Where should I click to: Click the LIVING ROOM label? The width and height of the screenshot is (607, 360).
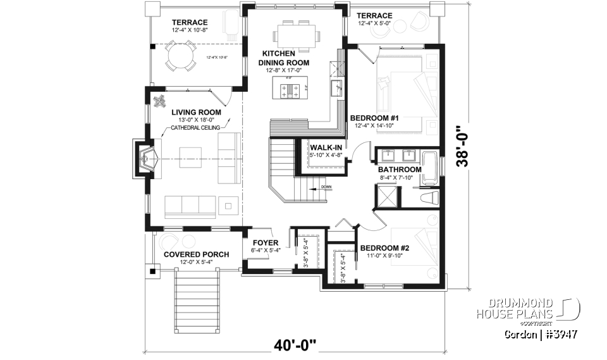pyautogui.click(x=195, y=113)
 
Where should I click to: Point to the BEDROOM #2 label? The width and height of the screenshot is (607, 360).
pyautogui.click(x=384, y=248)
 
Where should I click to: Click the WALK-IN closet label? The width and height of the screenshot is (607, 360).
pyautogui.click(x=326, y=147)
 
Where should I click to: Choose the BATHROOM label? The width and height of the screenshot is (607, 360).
pyautogui.click(x=400, y=170)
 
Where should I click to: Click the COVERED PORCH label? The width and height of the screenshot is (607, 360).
pyautogui.click(x=196, y=254)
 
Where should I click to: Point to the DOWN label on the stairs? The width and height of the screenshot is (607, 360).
pyautogui.click(x=326, y=187)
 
